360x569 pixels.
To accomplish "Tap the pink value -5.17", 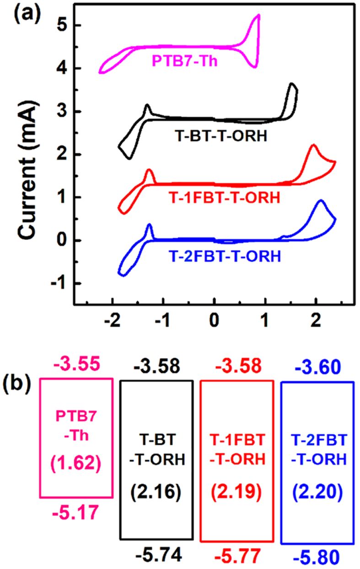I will (76, 512).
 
